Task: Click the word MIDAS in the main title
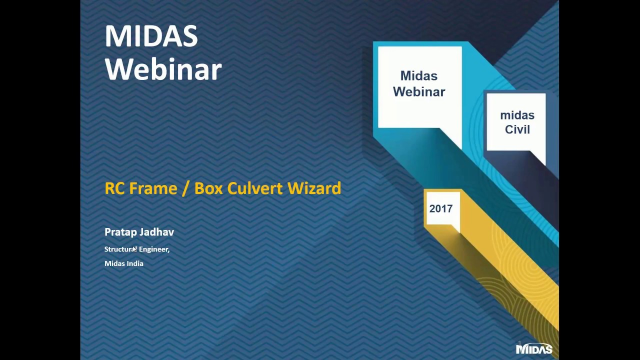pos(151,36)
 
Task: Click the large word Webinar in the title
pos(163,69)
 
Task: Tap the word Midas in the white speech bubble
pos(419,75)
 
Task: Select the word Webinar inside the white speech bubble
pos(419,91)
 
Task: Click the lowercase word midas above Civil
pos(517,115)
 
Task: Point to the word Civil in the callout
pos(517,129)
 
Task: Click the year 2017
pos(441,208)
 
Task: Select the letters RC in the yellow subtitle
pos(115,188)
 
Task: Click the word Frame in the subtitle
pos(153,188)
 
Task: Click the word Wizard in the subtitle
pos(314,188)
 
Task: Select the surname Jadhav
pos(157,232)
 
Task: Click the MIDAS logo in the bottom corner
pos(534,349)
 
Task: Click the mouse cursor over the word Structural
pos(135,249)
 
